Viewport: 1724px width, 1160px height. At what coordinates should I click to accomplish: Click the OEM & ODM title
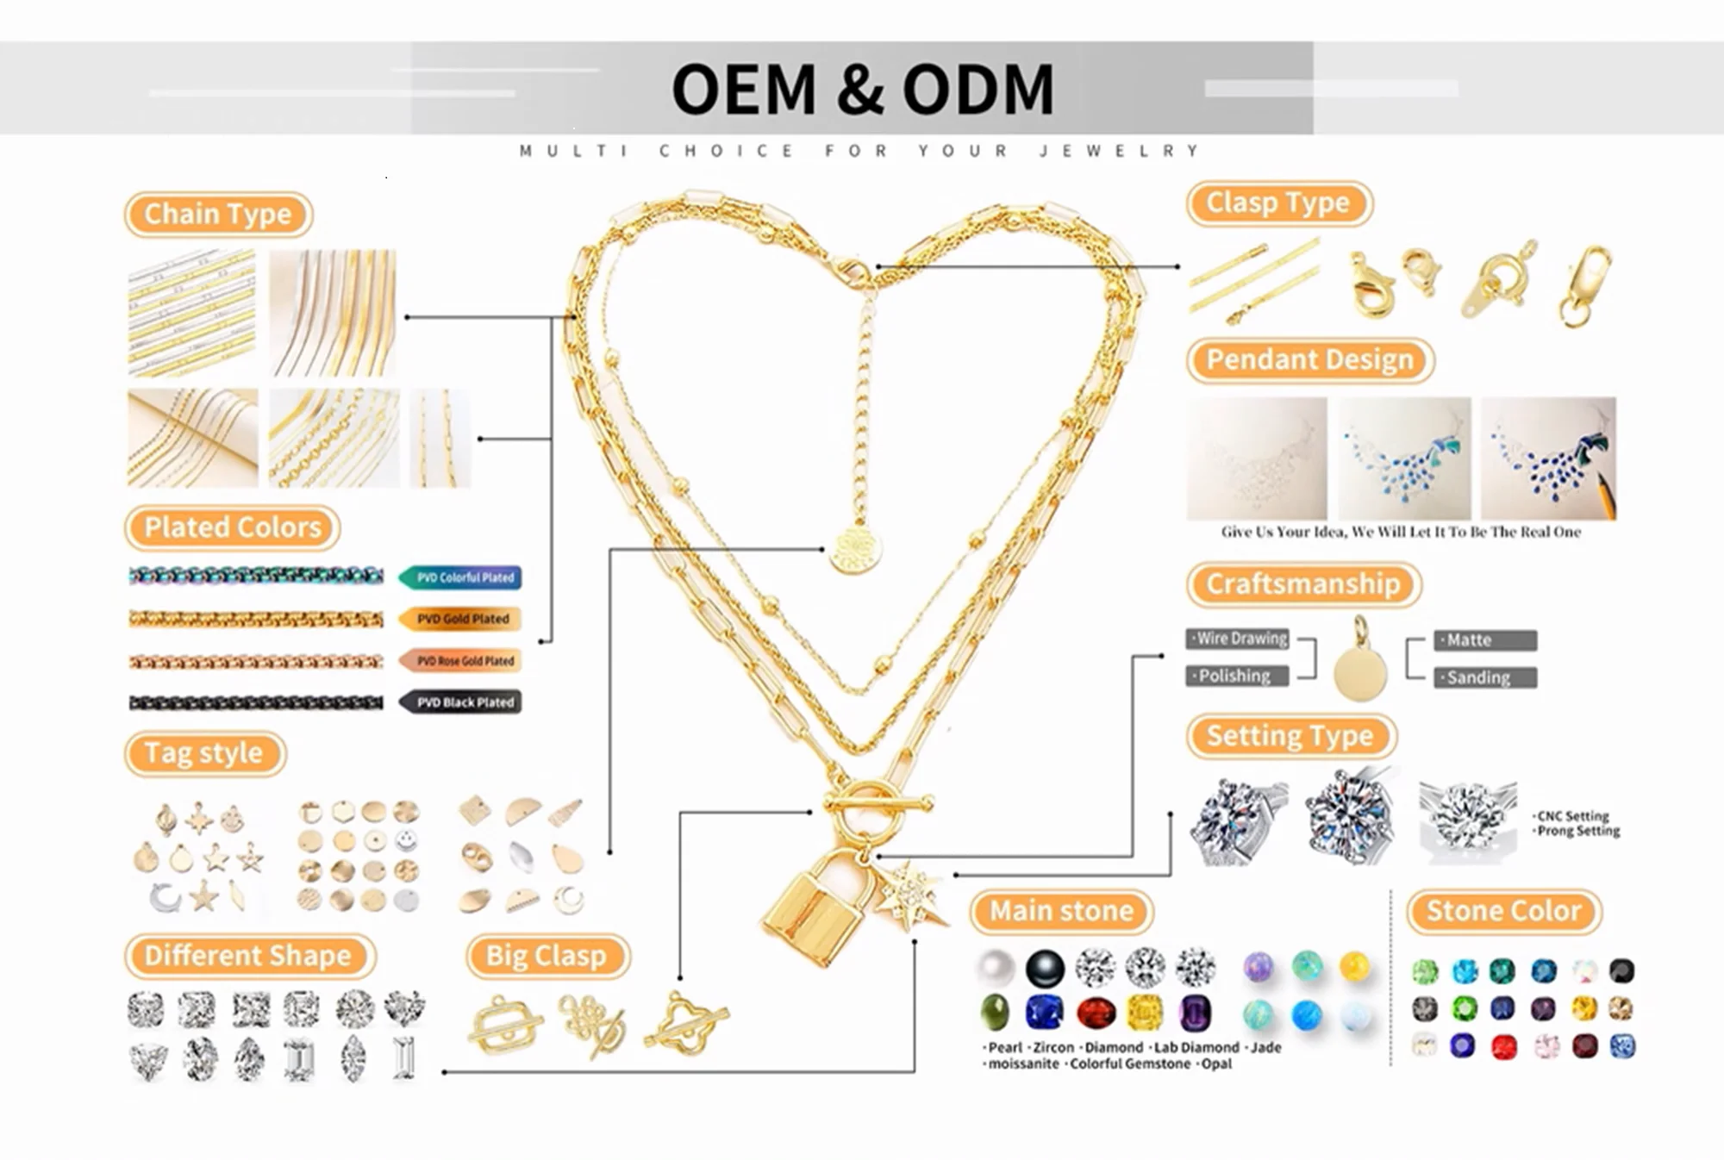point(862,89)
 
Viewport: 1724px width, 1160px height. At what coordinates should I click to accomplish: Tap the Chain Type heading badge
point(217,214)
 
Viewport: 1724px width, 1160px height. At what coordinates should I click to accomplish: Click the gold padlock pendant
point(815,909)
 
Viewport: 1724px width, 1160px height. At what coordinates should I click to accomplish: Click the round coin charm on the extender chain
point(855,550)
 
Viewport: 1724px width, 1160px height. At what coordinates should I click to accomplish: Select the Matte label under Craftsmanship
point(1484,640)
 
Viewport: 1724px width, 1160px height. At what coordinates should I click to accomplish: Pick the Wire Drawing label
point(1239,639)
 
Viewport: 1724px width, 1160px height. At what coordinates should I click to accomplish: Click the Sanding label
point(1484,678)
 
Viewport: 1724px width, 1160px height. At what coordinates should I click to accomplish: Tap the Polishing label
point(1237,676)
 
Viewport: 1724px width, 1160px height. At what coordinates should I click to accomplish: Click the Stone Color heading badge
point(1503,911)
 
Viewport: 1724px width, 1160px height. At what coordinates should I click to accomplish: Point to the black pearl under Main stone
point(1045,969)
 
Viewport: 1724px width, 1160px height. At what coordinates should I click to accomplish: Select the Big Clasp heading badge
point(547,956)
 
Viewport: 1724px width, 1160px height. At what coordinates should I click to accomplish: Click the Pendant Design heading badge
point(1309,359)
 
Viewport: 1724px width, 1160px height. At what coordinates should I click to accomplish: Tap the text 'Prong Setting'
point(1579,831)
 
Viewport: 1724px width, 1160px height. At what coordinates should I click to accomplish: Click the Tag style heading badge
point(203,753)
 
